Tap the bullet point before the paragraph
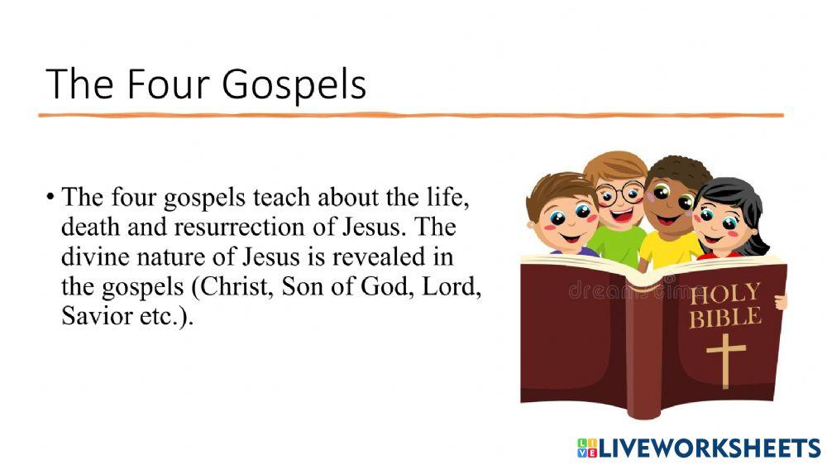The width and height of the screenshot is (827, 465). pyautogui.click(x=51, y=199)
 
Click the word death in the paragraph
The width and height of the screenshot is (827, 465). pyautogui.click(x=87, y=227)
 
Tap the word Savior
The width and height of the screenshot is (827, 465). pyautogui.click(x=93, y=317)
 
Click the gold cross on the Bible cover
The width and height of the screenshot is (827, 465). pyautogui.click(x=725, y=358)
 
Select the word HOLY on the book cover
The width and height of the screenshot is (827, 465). pyautogui.click(x=725, y=293)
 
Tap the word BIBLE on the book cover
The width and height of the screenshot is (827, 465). pyautogui.click(x=725, y=317)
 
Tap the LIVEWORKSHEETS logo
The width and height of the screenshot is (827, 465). pyautogui.click(x=698, y=448)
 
